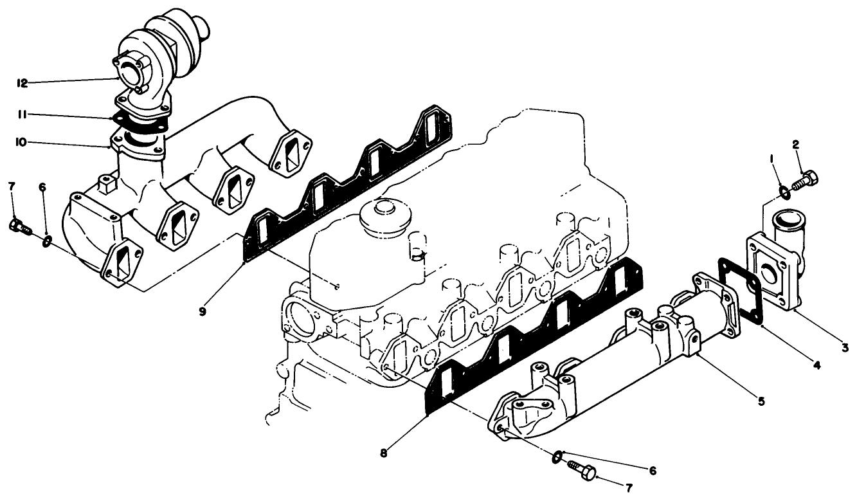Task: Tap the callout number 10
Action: [x=22, y=142]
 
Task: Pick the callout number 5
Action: [x=761, y=401]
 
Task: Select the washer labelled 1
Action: [x=783, y=190]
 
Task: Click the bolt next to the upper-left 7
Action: [x=19, y=226]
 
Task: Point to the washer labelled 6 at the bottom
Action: [x=557, y=457]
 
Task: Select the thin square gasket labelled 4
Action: [x=739, y=287]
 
